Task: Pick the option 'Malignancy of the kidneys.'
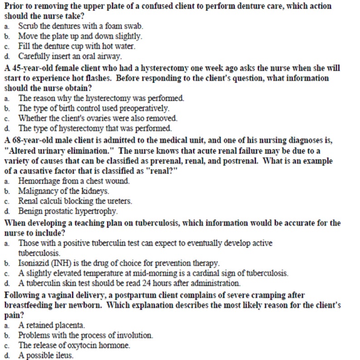tap(63, 190)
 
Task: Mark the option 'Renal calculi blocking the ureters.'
tap(78, 200)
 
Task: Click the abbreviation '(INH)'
tap(56, 263)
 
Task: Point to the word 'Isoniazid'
tap(31, 263)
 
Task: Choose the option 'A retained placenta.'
tap(52, 325)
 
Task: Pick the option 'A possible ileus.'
tap(46, 355)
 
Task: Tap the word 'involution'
tap(136, 336)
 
